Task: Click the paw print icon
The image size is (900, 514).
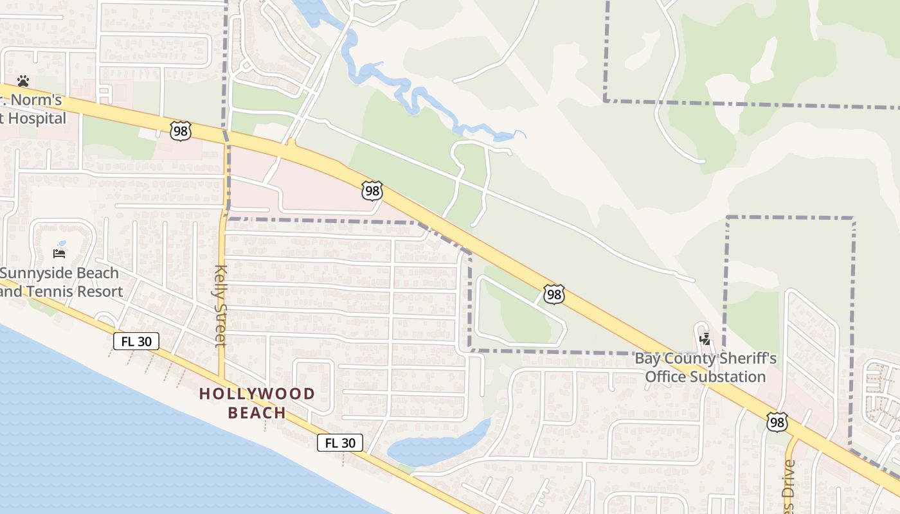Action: tap(23, 81)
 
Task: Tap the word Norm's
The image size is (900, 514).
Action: tap(38, 100)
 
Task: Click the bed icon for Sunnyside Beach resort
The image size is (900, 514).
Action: tap(59, 253)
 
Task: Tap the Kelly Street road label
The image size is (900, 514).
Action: tap(221, 305)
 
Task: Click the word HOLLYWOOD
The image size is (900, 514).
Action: tap(257, 394)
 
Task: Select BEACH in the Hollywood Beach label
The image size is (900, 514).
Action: tap(257, 412)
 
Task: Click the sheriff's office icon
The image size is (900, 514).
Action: tap(705, 338)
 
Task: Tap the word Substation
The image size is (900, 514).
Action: tap(705, 377)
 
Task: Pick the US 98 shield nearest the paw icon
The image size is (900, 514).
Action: tap(181, 130)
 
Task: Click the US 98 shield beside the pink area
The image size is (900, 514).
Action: tap(372, 190)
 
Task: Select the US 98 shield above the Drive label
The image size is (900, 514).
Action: tap(777, 422)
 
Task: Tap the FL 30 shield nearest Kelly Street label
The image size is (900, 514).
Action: tap(136, 341)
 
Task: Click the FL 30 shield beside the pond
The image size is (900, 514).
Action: tap(339, 443)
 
